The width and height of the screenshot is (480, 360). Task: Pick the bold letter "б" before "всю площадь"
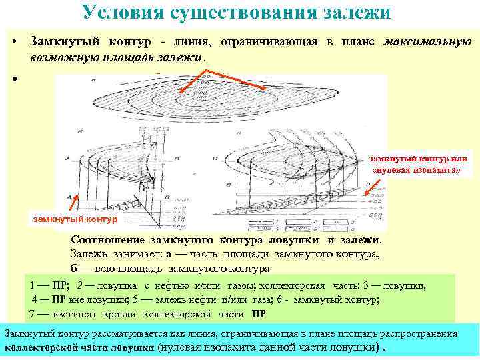click(x=74, y=268)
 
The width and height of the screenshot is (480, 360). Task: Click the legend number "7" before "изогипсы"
click(x=33, y=313)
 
